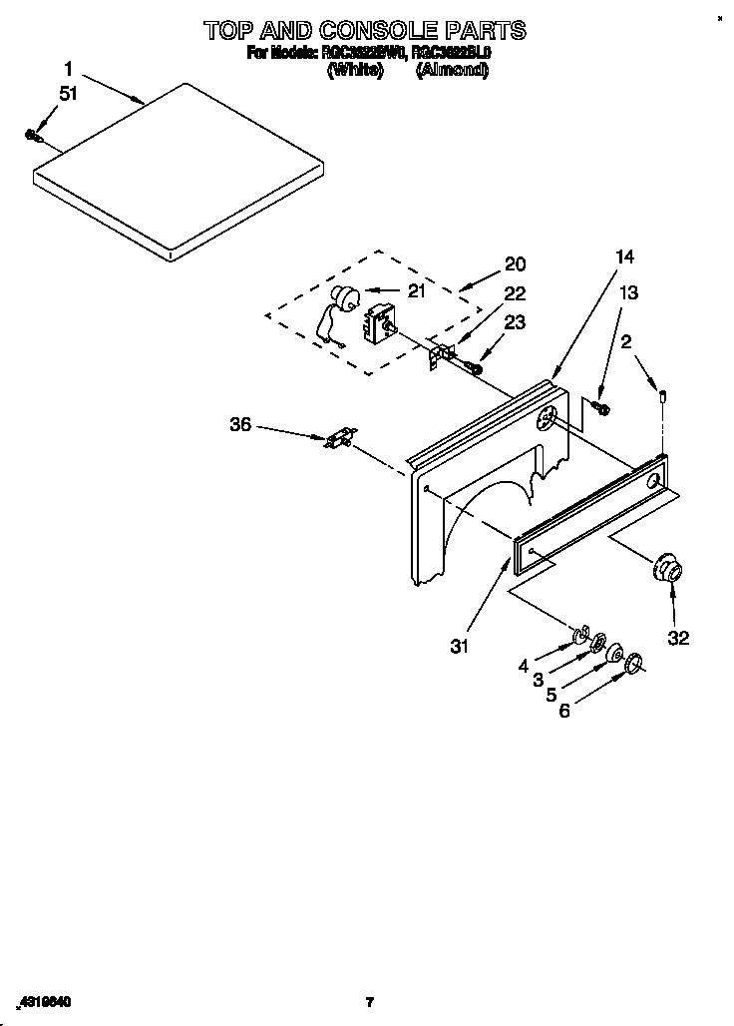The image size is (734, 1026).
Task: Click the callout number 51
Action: [x=68, y=95]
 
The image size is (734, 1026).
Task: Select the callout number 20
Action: [x=515, y=263]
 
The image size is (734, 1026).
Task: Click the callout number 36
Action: [x=240, y=424]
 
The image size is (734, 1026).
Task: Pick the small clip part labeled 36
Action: [x=341, y=438]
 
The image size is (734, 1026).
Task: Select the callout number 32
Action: [x=678, y=638]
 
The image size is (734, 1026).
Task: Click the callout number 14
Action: [x=624, y=256]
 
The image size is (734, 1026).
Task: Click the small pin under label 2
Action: [x=661, y=398]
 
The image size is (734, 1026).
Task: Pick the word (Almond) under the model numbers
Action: [x=452, y=70]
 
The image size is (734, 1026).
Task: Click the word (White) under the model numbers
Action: [x=355, y=70]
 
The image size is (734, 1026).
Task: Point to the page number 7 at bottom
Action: [x=369, y=1001]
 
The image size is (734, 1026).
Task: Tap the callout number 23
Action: [x=515, y=322]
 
